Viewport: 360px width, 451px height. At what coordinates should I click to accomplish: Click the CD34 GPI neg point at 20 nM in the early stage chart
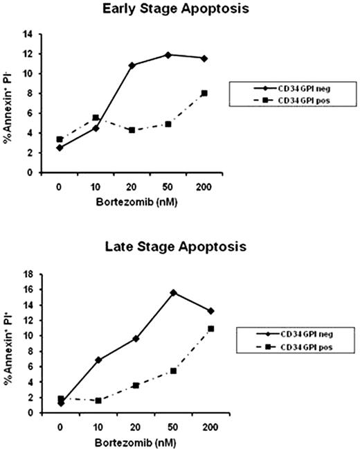point(132,65)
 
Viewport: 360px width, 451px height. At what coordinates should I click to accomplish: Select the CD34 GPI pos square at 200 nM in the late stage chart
point(211,328)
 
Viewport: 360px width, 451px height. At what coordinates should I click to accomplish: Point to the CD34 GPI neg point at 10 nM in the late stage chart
point(98,360)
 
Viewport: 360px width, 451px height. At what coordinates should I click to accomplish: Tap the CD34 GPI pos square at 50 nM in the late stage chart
point(173,371)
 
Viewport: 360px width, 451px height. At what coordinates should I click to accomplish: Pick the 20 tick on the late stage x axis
point(136,426)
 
